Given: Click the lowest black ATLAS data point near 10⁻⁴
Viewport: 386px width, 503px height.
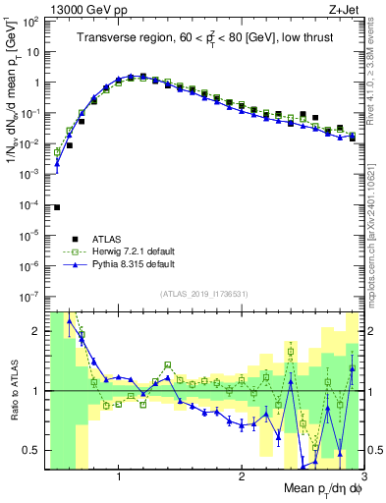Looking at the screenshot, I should pyautogui.click(x=57, y=206).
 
